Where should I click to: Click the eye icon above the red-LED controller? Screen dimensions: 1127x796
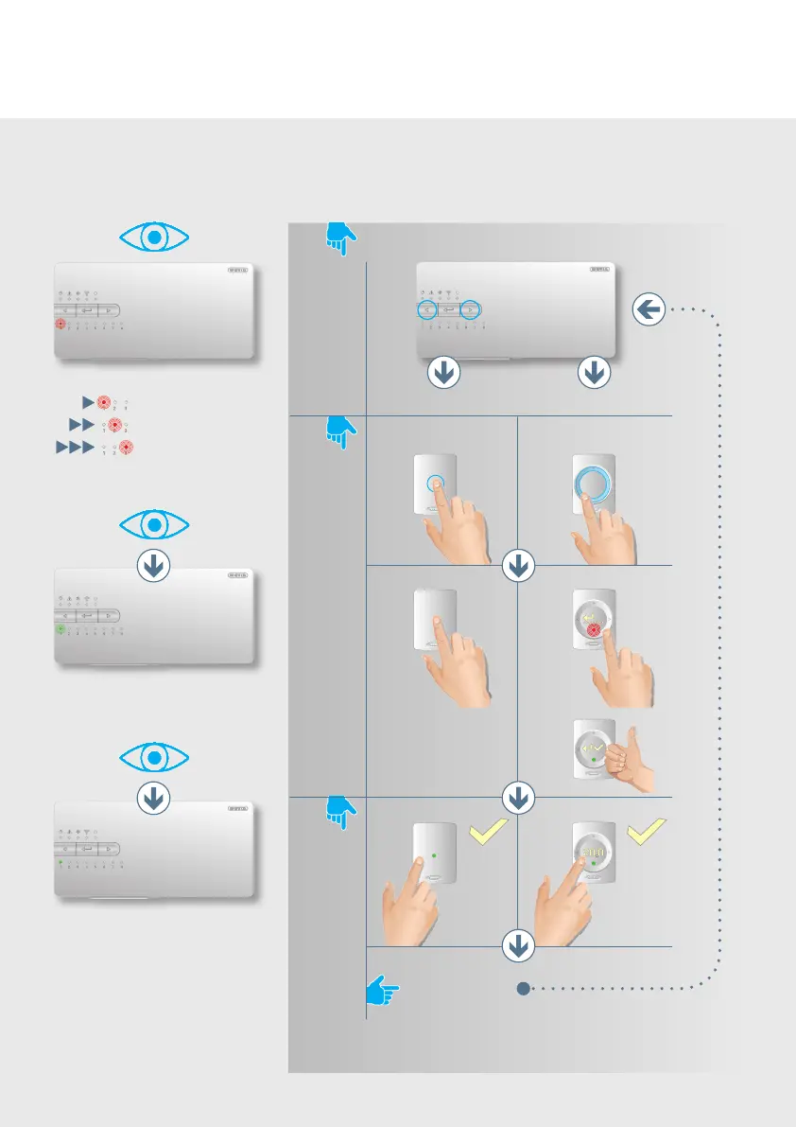click(x=155, y=238)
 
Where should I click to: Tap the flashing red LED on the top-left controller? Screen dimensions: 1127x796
click(x=61, y=324)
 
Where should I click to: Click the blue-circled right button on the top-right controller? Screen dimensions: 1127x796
click(x=470, y=309)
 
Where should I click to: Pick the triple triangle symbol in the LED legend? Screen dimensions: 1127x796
click(x=77, y=447)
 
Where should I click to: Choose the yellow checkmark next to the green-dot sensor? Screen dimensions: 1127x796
click(x=487, y=834)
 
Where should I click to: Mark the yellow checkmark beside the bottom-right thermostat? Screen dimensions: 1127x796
click(x=647, y=834)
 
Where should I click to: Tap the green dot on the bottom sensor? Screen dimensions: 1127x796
click(x=435, y=855)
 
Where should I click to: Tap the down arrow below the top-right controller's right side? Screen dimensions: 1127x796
click(x=594, y=374)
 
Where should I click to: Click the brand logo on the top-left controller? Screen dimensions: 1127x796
click(x=239, y=270)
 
